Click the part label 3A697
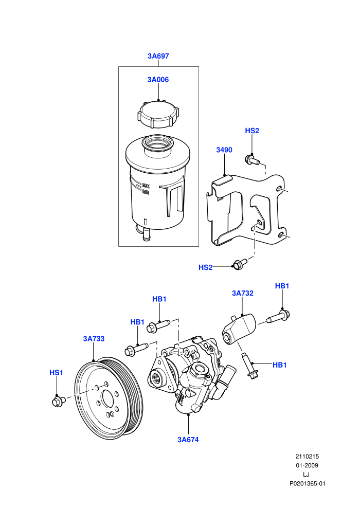[x=158, y=56]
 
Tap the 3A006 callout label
[x=158, y=80]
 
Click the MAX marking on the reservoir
[x=146, y=186]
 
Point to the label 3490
[x=224, y=150]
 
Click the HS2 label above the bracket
[x=252, y=131]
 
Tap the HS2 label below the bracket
[x=206, y=267]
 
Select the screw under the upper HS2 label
[x=252, y=160]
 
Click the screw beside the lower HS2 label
[x=240, y=264]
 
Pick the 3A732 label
[x=243, y=293]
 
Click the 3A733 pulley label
[x=94, y=339]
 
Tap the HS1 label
[x=56, y=372]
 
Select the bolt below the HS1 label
[x=59, y=401]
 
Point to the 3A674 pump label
[x=188, y=440]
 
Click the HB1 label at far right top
[x=282, y=286]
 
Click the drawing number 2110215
[x=307, y=456]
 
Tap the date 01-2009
[x=307, y=465]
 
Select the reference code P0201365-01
[x=308, y=483]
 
